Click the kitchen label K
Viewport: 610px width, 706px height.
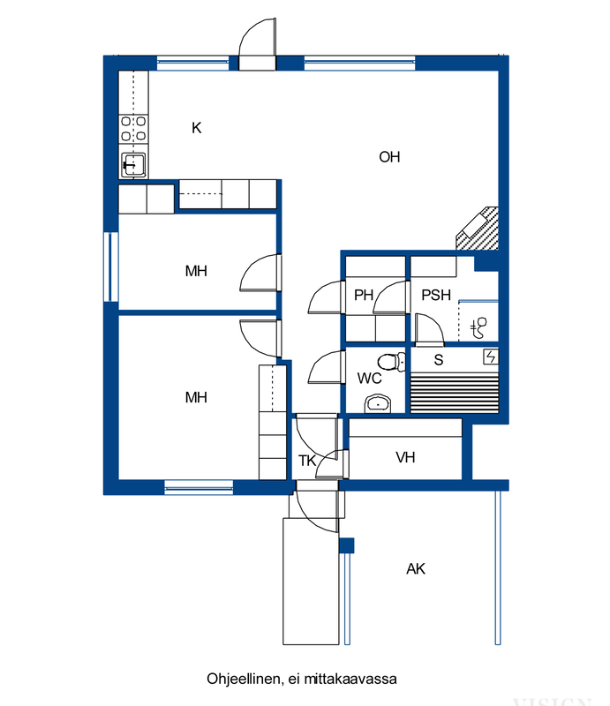197,128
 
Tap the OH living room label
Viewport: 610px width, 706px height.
389,157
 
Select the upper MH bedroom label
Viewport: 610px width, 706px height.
196,271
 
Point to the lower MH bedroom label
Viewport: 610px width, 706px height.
196,397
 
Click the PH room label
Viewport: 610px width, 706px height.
364,295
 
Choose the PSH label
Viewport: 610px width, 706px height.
436,295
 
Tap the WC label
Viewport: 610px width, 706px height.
369,379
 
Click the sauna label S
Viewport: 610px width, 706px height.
439,360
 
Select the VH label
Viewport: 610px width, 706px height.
405,457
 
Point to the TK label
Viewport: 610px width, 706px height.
307,461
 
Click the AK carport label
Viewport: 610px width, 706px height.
416,568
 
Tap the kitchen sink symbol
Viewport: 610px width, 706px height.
133,165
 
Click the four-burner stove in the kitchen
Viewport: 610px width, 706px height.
133,129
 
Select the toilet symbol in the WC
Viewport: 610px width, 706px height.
391,362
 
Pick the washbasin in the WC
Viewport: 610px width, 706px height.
378,404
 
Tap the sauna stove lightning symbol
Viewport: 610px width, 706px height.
491,357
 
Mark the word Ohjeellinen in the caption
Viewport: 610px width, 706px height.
245,679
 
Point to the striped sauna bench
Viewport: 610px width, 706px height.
455,392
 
